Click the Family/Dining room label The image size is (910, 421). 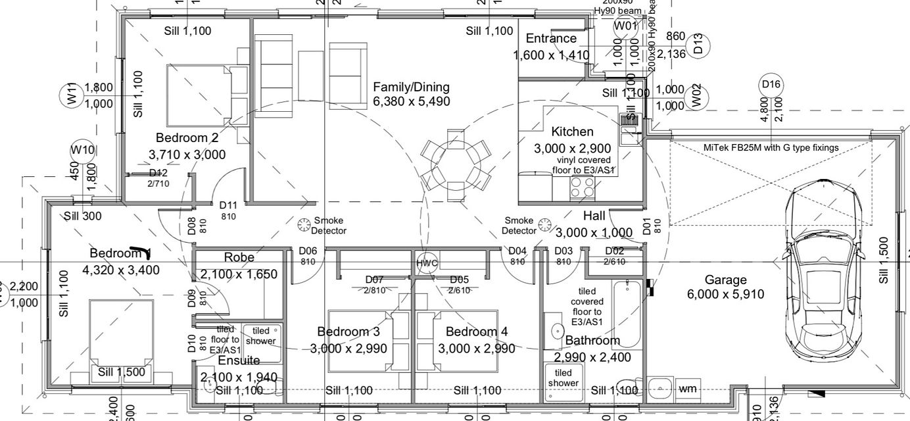pos(411,87)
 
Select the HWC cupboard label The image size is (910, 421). pos(427,263)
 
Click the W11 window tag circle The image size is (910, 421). pos(72,95)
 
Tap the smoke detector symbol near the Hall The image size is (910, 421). pos(544,225)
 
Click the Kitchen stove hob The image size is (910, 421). pos(583,187)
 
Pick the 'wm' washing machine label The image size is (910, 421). pos(687,389)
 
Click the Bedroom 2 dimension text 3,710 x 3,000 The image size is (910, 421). pos(187,155)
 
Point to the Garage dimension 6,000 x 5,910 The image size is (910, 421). pos(726,294)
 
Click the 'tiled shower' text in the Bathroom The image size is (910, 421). pos(563,378)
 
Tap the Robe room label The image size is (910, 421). pos(239,257)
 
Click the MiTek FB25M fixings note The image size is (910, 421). pos(771,147)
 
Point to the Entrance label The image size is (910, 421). pos(551,38)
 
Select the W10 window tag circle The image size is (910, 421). pos(83,150)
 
